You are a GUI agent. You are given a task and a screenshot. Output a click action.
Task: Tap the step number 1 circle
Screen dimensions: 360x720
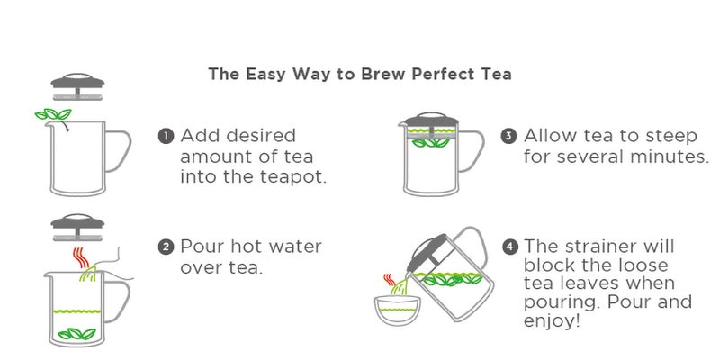pos(166,137)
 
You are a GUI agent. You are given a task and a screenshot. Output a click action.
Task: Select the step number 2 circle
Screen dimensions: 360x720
pos(166,247)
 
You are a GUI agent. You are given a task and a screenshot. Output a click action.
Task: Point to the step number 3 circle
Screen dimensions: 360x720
pos(508,137)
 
